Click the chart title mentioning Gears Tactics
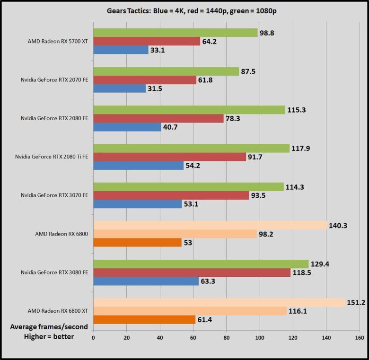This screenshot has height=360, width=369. (184, 11)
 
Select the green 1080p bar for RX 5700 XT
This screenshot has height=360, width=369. (176, 33)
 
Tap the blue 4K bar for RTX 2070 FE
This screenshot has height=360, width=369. (120, 88)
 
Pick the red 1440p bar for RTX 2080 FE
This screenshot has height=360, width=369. (158, 118)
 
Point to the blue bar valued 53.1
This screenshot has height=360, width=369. (138, 204)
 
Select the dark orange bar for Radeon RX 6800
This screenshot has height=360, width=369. (138, 243)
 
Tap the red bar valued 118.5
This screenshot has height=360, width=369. (192, 272)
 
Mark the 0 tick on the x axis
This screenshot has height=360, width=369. (94, 338)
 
